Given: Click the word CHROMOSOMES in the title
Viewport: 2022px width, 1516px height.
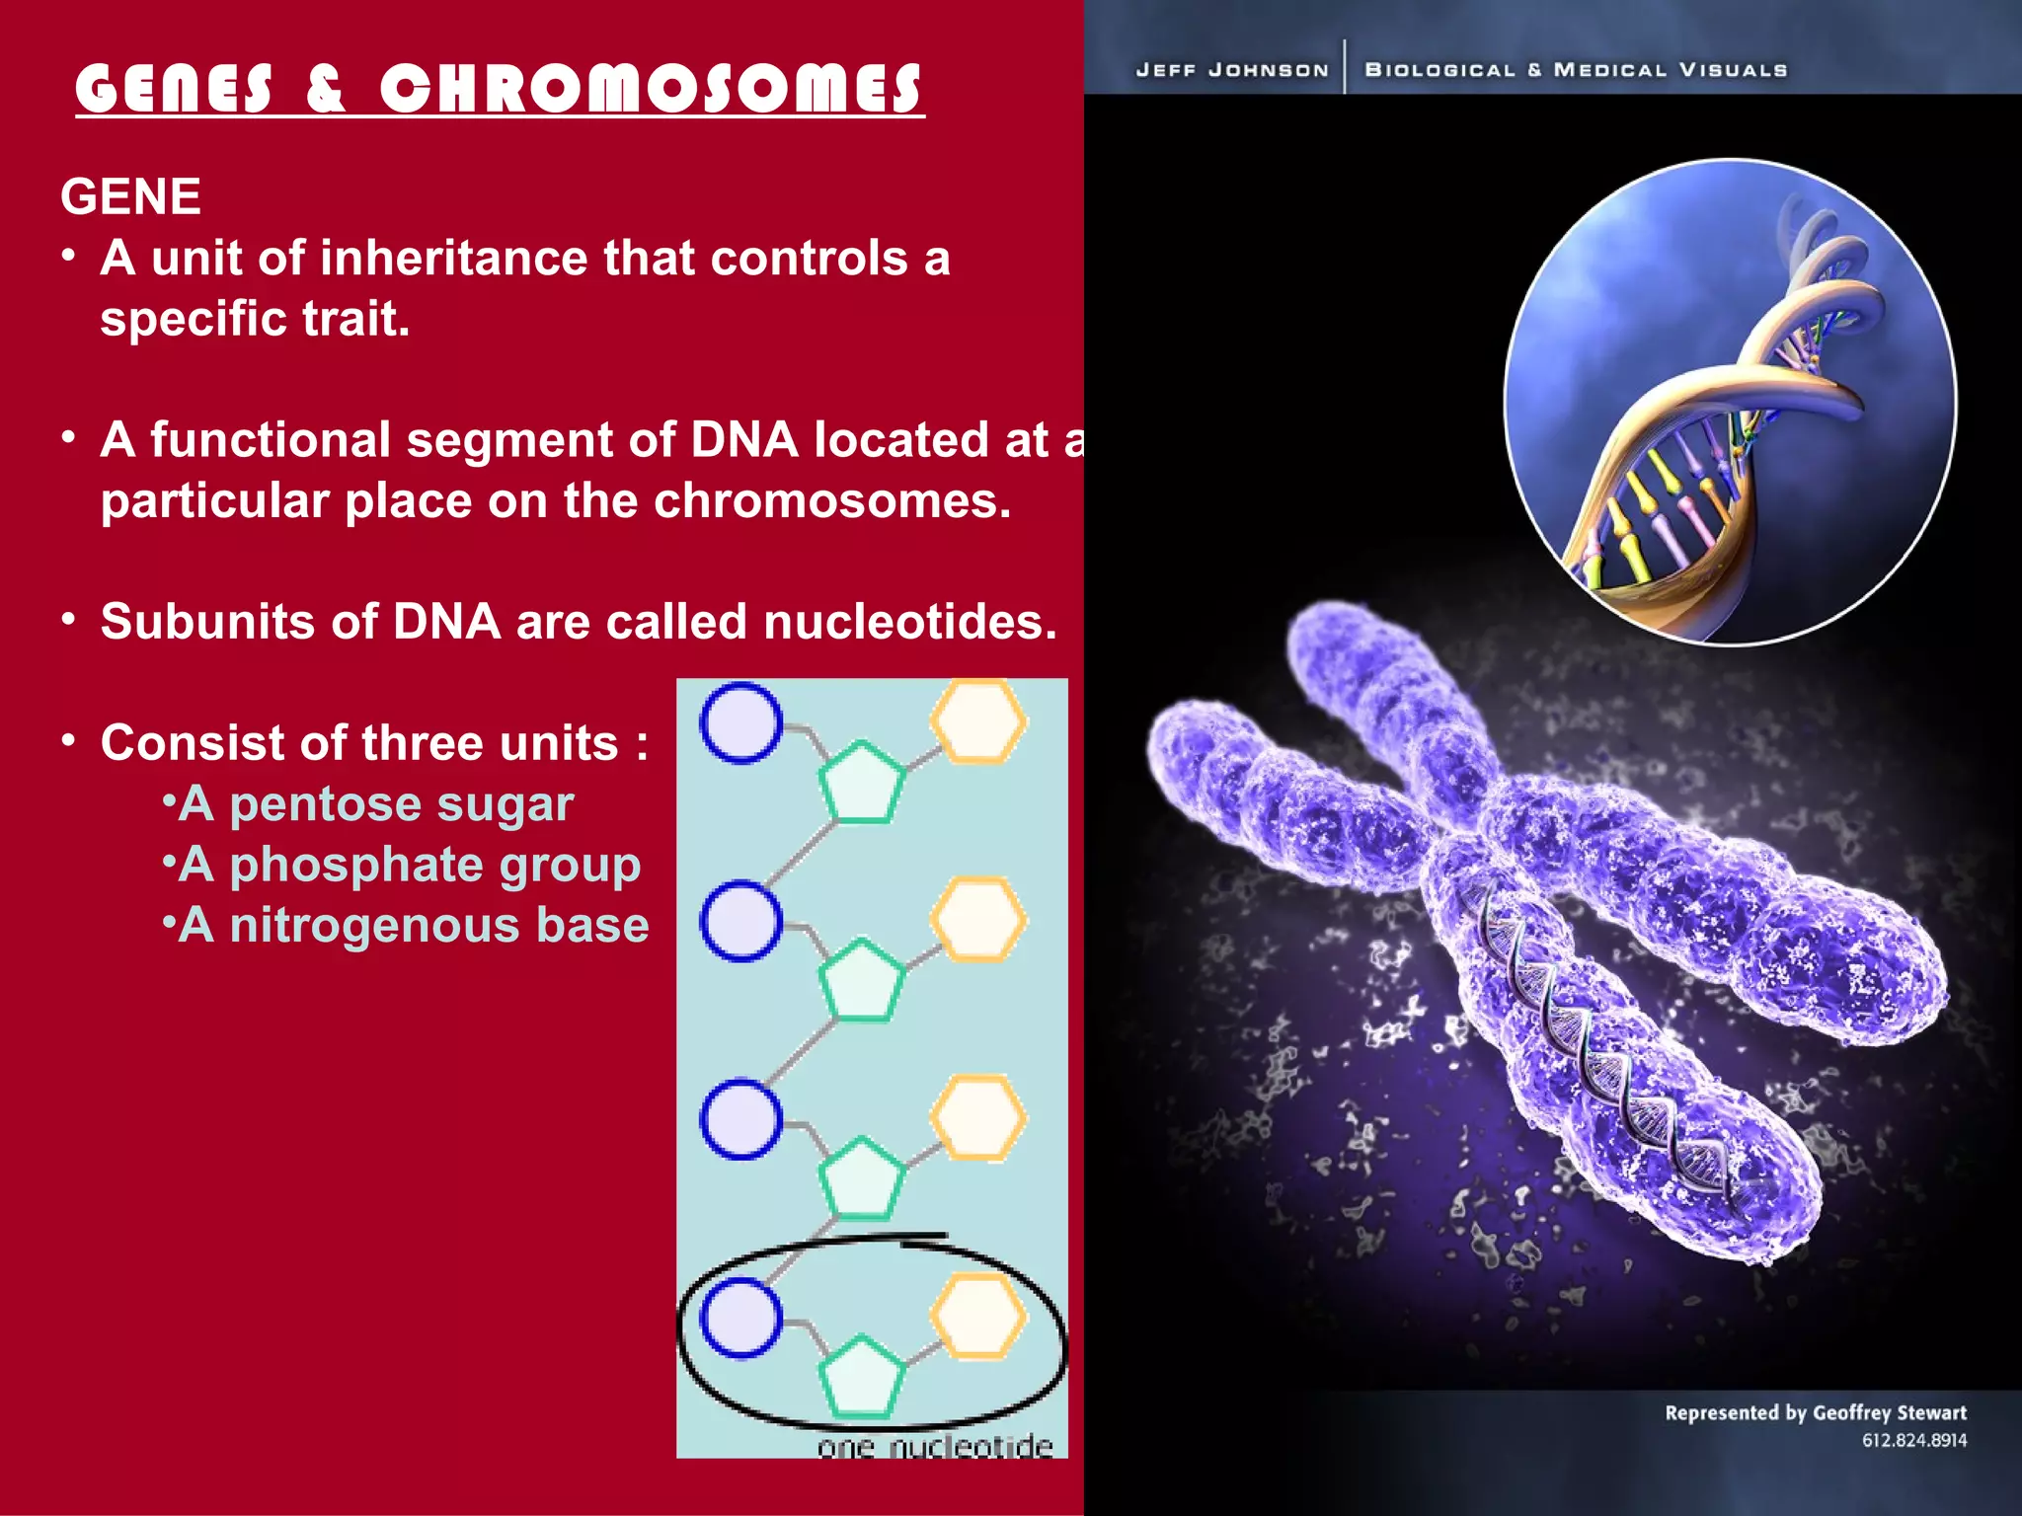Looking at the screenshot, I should click(652, 89).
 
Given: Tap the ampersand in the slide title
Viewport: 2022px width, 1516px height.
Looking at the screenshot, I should click(325, 89).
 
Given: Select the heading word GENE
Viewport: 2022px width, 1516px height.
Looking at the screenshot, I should click(130, 196).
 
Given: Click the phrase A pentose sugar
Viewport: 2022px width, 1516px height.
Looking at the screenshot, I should click(375, 803).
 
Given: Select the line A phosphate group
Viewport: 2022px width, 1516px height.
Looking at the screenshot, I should click(409, 865).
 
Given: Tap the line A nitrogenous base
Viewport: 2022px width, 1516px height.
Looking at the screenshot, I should click(413, 926).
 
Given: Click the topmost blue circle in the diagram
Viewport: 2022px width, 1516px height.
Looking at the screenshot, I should click(740, 722).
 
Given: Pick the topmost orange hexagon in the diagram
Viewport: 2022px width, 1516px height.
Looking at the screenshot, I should click(978, 722).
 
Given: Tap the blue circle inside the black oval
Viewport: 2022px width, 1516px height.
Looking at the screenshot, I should click(740, 1318).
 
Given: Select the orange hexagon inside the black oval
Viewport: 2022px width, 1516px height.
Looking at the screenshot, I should click(978, 1318).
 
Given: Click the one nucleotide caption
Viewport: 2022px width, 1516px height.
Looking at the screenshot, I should click(934, 1446).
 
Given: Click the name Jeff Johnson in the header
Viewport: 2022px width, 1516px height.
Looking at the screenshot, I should click(1231, 70).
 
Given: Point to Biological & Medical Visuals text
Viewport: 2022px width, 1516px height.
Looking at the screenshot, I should click(1576, 70).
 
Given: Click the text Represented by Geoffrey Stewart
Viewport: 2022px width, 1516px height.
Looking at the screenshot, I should click(1815, 1412).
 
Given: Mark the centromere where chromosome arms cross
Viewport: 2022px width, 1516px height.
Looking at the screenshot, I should click(1471, 849).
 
